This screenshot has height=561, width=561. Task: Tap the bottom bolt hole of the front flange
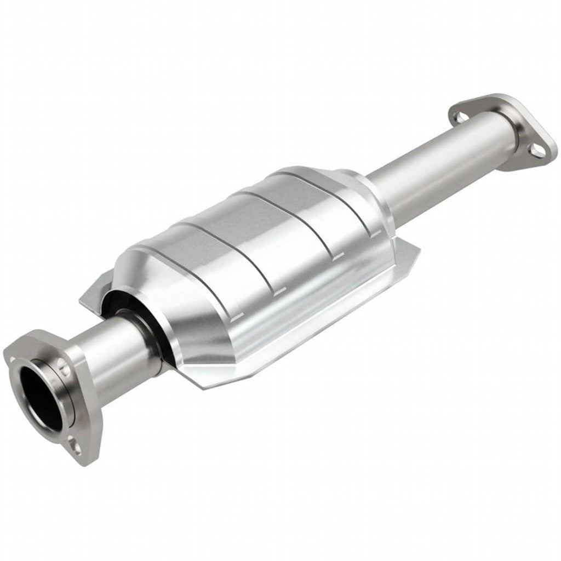[x=76, y=448]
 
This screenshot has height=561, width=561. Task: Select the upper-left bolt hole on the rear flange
[x=461, y=116]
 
